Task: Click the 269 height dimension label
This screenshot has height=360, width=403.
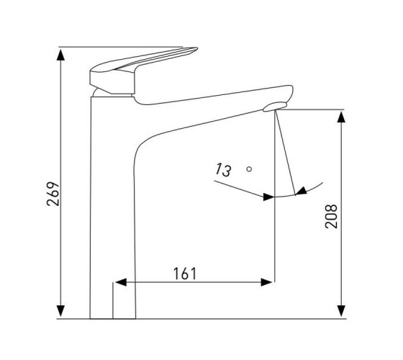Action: coord(53,194)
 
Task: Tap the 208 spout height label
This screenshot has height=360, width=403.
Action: coord(331,216)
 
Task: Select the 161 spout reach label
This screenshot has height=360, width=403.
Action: coord(185,274)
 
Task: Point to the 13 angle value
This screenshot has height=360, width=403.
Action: coord(223,170)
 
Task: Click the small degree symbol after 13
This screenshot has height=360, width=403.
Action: coord(249,169)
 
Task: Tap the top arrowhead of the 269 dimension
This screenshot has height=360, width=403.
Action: coord(60,55)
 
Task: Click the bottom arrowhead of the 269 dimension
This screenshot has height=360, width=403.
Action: coord(60,310)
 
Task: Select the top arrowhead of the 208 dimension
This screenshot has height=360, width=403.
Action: coord(341,117)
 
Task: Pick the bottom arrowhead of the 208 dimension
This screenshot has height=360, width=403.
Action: coord(341,310)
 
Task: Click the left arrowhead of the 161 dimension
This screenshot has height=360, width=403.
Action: coord(121,282)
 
